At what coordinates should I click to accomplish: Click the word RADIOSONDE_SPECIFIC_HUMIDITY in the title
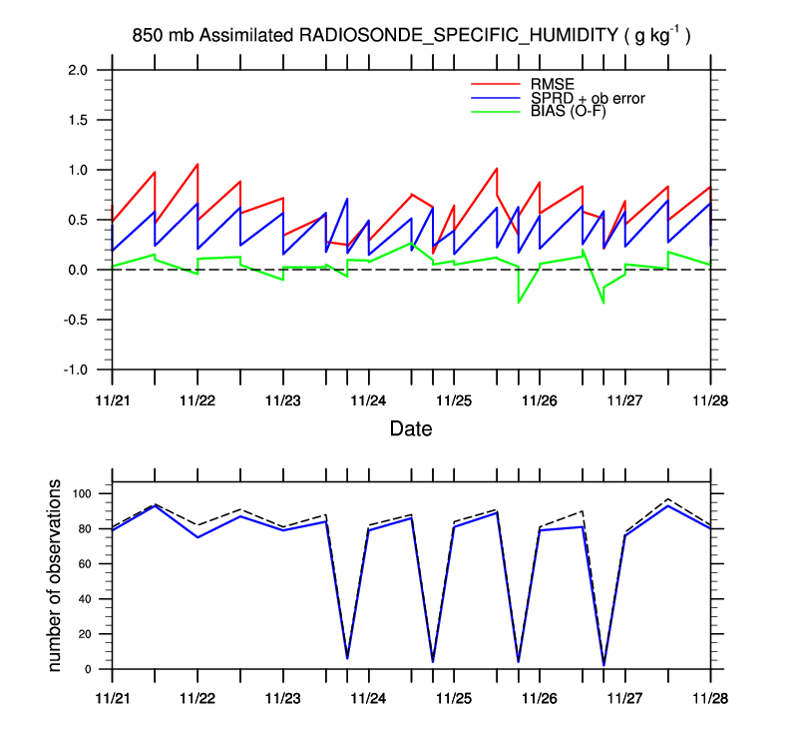[x=459, y=36]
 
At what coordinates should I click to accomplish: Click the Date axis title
[x=411, y=429]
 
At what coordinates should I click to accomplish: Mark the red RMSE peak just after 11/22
[x=198, y=164]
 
